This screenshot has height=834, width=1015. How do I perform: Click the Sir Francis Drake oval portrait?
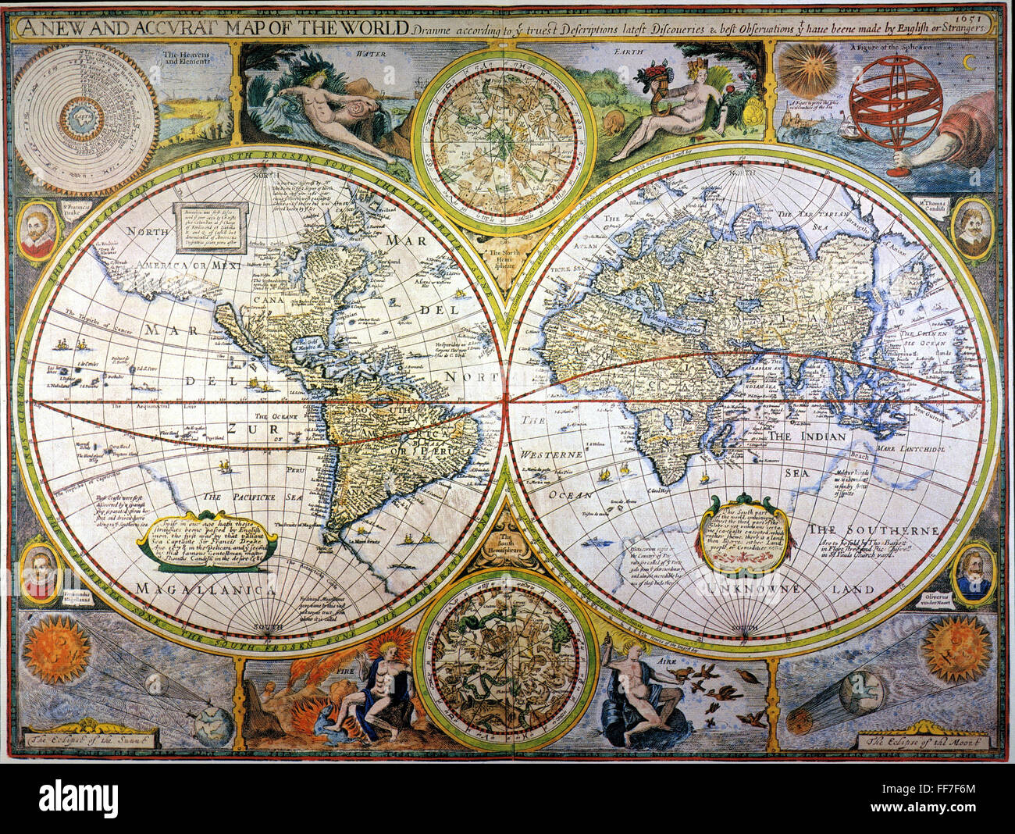tap(37, 231)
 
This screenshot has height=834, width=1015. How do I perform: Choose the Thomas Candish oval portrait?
tap(972, 228)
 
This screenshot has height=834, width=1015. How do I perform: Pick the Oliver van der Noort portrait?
tap(974, 573)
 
